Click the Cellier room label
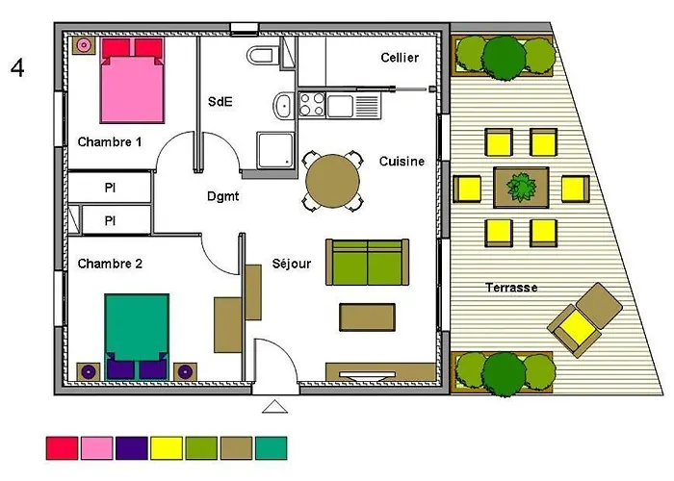pos(399,58)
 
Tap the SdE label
pos(220,101)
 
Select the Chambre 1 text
pos(110,141)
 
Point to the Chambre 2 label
pos(110,263)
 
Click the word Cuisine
pos(402,162)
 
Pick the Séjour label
pos(292,263)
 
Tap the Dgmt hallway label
pos(222,196)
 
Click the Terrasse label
pos(511,288)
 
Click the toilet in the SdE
pos(261,55)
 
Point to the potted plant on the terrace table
pos(521,187)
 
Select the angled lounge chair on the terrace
pos(581,320)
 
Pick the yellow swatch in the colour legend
pos(165,446)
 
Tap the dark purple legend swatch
pos(131,446)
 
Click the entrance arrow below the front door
pos(275,407)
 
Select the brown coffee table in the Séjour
pos(367,316)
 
